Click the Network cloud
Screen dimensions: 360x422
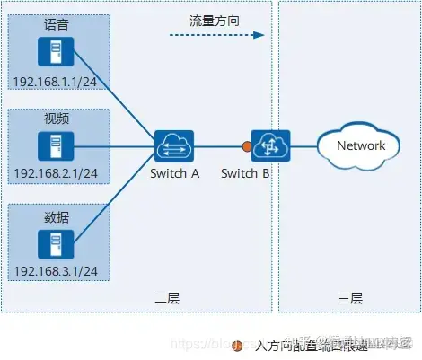click(x=361, y=145)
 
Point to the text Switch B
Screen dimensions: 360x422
click(x=245, y=173)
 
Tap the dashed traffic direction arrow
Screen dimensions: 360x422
click(x=215, y=36)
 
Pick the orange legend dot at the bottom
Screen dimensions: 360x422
click(x=237, y=345)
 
